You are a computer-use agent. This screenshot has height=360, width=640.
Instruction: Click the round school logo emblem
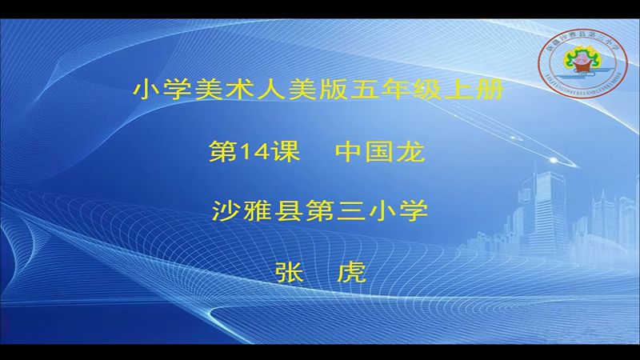click(x=582, y=58)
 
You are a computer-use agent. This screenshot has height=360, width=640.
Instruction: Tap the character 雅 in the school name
click(x=256, y=211)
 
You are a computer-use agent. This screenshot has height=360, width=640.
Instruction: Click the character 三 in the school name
click(x=350, y=211)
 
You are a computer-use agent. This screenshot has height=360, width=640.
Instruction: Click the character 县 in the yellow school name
click(x=287, y=211)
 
